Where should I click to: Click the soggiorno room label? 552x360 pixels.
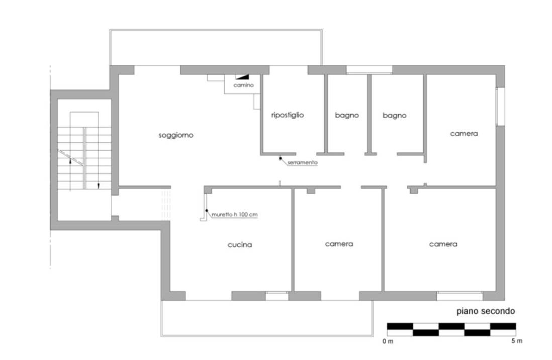coord(175,135)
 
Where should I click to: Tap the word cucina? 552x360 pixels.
coord(240,244)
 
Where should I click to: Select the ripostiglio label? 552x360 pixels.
coord(287,115)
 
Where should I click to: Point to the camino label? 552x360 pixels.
coord(243,85)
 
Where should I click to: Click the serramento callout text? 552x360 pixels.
coord(303,162)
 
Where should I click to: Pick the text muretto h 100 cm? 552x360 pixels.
coord(234,214)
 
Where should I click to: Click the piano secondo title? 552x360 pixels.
coord(486,311)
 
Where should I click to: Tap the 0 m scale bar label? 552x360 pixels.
coord(388,341)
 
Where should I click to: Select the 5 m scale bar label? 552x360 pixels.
coord(517,341)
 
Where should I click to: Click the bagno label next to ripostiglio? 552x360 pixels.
coord(347,115)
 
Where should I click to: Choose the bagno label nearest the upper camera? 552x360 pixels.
coord(394,116)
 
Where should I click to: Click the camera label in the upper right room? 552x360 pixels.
coord(464,134)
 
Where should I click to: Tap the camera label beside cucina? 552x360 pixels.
coord(339,244)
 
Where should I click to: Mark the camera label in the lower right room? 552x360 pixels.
coord(443,244)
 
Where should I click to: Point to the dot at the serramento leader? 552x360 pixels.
coord(281,158)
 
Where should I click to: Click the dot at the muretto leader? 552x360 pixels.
coord(207,210)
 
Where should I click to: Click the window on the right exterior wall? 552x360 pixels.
coord(500,107)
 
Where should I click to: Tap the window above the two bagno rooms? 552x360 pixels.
coord(370,70)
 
